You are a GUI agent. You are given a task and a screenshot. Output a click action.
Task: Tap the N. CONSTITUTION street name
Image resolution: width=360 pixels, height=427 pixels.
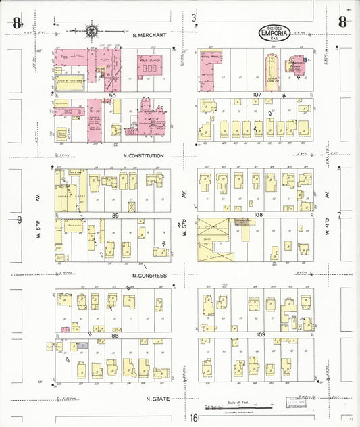point(144,156)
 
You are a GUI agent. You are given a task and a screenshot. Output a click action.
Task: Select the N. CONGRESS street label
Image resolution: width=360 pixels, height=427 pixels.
point(149,276)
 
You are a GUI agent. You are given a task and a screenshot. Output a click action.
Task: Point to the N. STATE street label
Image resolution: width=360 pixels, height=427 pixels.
point(157,399)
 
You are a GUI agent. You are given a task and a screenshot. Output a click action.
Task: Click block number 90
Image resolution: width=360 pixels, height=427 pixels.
point(113,95)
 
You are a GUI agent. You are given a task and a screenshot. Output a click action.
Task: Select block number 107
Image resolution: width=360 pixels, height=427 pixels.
point(256,95)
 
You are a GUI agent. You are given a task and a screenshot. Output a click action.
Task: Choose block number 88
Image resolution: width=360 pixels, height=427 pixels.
point(114,335)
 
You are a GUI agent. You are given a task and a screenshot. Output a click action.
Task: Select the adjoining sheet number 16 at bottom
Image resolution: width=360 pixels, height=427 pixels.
point(194,418)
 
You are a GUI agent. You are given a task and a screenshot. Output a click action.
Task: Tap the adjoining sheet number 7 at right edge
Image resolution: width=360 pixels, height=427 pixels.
point(341,215)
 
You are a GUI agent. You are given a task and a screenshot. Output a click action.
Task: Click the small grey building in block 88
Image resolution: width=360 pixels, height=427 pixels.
point(82,345)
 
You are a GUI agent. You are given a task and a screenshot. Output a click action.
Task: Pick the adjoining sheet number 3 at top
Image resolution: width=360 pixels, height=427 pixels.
point(194,17)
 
